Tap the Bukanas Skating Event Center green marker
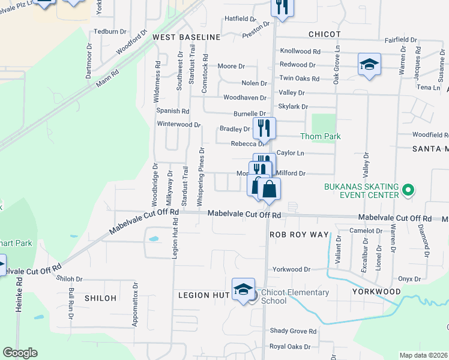click(408, 191)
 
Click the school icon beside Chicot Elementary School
click(244, 290)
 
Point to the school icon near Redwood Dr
click(369, 64)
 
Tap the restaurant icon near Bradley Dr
click(264, 127)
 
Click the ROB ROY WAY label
click(300, 234)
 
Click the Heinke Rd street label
click(19, 288)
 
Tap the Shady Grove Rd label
click(293, 331)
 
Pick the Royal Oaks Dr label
click(290, 347)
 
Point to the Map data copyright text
click(424, 355)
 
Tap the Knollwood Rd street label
click(300, 52)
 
